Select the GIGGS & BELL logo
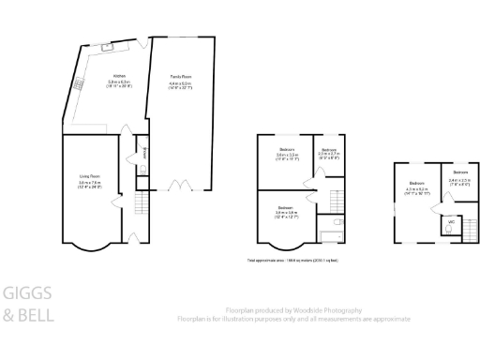pyautogui.click(x=28, y=304)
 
